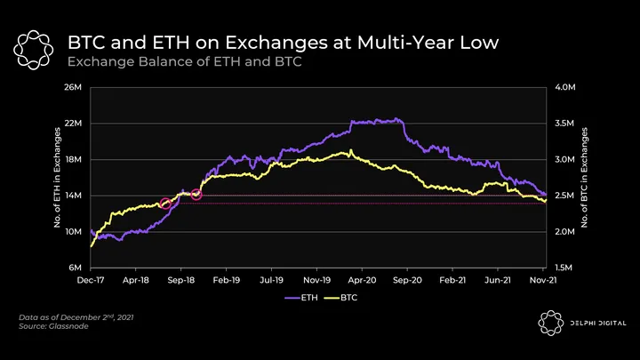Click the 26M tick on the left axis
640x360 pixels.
pos(74,88)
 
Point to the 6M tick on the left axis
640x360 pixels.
pos(76,268)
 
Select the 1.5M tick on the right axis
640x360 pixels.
pos(565,268)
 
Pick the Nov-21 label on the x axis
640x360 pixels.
pos(543,279)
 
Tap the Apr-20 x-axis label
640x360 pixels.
pos(362,279)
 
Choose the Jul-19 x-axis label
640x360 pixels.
pos(271,279)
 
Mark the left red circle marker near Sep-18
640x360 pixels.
pos(165,204)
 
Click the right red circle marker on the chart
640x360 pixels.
pos(196,195)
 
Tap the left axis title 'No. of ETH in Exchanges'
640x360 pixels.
pos(58,178)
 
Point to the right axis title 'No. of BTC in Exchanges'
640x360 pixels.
pos(584,178)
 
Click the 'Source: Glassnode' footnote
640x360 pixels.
pos(53,327)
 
